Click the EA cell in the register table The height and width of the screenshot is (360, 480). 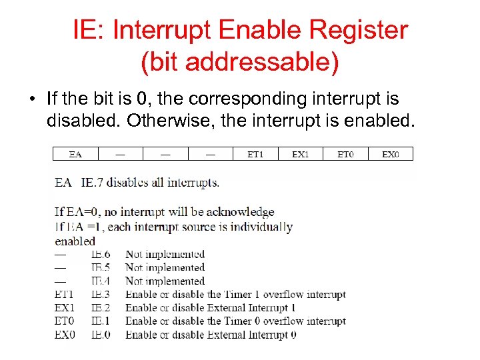(x=75, y=154)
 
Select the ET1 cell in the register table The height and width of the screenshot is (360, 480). (x=255, y=154)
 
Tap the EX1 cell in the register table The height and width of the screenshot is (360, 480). (x=301, y=154)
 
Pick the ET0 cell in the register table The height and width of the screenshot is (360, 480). (x=345, y=154)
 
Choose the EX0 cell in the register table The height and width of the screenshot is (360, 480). (x=391, y=154)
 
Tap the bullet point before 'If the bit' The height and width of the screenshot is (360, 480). (x=31, y=100)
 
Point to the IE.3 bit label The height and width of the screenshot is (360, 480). (x=101, y=295)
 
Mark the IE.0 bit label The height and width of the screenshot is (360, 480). (x=101, y=335)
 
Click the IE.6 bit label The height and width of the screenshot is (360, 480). (x=101, y=254)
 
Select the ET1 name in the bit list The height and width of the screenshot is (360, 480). (x=65, y=295)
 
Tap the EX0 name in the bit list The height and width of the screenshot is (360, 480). (x=65, y=335)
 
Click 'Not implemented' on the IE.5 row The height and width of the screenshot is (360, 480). (x=165, y=267)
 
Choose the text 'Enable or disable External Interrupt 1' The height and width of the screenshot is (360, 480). (x=210, y=308)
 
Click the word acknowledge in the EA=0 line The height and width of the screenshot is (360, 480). (x=240, y=212)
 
